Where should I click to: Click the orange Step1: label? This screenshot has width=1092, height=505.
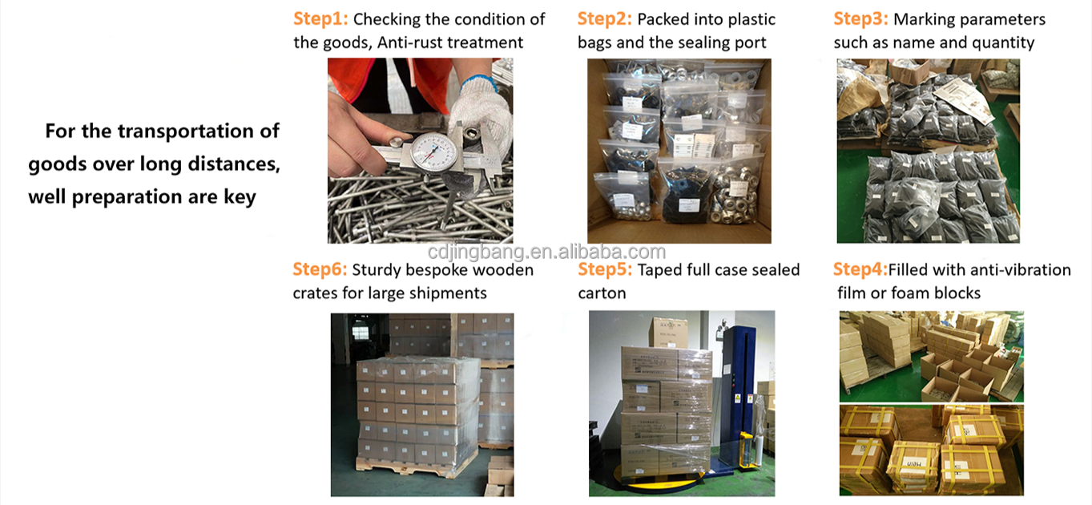click(x=320, y=19)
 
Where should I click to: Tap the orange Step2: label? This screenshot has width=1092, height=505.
click(x=605, y=19)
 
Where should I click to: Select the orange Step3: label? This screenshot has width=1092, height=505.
click(x=861, y=19)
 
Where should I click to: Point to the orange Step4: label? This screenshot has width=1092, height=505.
click(x=860, y=269)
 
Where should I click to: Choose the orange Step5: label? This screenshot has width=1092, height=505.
click(x=605, y=269)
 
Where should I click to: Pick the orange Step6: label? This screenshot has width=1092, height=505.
click(x=320, y=269)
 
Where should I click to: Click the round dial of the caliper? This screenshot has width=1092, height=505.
click(x=434, y=154)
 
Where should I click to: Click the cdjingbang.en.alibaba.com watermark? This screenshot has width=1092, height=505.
click(x=546, y=252)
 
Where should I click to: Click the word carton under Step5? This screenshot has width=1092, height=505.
click(x=602, y=293)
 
